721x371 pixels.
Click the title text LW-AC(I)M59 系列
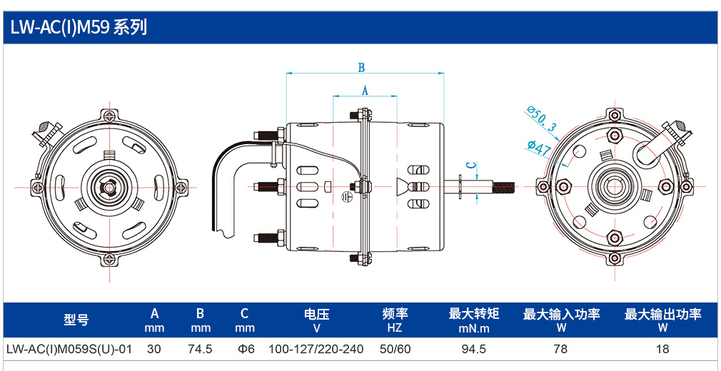(x=79, y=28)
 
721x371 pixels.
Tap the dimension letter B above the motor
(x=361, y=68)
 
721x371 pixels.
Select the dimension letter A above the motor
(x=365, y=90)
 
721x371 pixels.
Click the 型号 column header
(x=76, y=320)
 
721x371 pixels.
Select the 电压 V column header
(x=316, y=320)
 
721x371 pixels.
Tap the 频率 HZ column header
(x=395, y=320)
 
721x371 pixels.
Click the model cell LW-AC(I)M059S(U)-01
(x=69, y=350)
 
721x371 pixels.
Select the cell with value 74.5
(x=200, y=350)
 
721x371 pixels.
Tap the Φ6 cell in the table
(x=245, y=350)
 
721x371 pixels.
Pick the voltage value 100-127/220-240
(x=316, y=350)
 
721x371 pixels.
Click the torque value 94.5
(x=473, y=350)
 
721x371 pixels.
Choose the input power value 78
(x=561, y=350)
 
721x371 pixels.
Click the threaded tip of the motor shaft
(x=504, y=186)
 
